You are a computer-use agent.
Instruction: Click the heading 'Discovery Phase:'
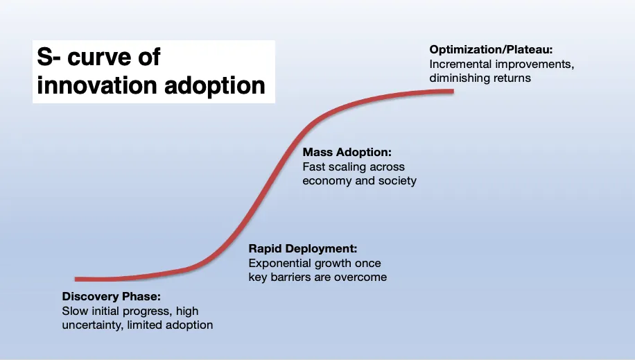[112, 296]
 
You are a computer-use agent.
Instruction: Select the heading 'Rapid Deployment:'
[303, 248]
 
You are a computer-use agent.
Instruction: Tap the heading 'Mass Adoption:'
[347, 153]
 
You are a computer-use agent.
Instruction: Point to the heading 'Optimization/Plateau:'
[491, 50]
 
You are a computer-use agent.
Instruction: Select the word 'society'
[397, 181]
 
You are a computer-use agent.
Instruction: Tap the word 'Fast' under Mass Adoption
[311, 167]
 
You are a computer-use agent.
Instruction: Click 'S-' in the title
[49, 57]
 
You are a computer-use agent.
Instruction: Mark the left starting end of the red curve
[76, 279]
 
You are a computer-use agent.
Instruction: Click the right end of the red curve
[453, 92]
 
